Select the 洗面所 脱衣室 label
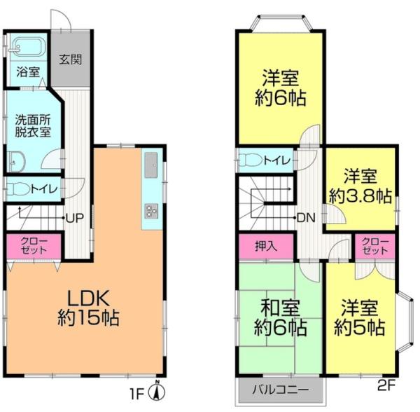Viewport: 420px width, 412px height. point(28,125)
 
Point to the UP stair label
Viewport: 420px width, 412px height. point(75,218)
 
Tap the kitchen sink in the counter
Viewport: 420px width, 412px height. point(151,166)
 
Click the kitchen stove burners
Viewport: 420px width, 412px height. point(151,210)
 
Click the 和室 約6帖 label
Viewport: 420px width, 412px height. point(280,315)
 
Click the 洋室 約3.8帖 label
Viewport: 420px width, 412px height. point(360,185)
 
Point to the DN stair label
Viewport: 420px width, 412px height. point(306,218)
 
